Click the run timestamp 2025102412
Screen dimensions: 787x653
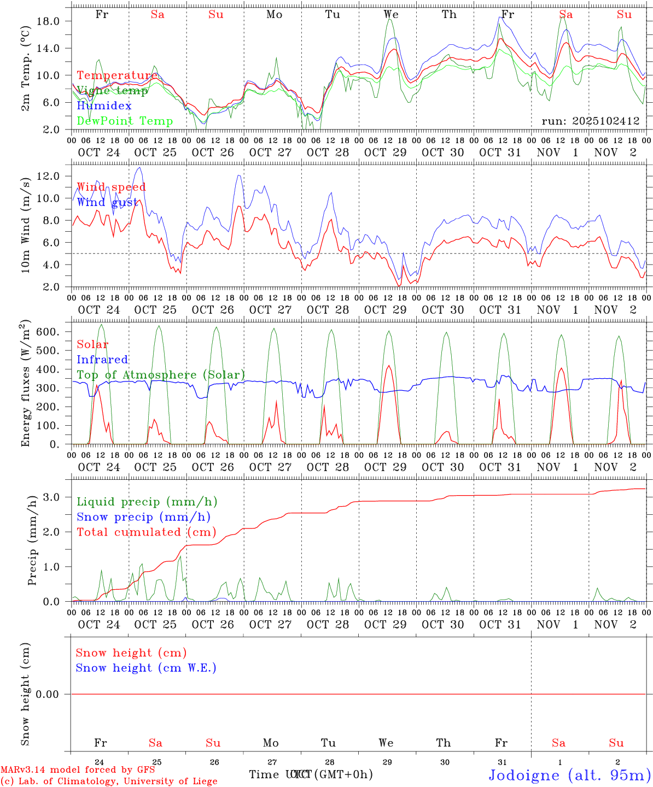pyautogui.click(x=591, y=121)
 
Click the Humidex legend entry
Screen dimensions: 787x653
pyautogui.click(x=104, y=106)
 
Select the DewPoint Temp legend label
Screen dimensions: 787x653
pyautogui.click(x=125, y=121)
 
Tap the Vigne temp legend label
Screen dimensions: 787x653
pyautogui.click(x=112, y=91)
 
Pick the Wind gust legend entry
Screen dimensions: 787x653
pyautogui.click(x=107, y=202)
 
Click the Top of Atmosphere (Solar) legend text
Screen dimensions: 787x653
pyautogui.click(x=160, y=375)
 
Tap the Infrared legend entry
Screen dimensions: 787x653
pyautogui.click(x=102, y=360)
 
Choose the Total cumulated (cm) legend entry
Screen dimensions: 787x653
pyautogui.click(x=146, y=532)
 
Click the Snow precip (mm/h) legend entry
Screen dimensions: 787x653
pyautogui.click(x=143, y=517)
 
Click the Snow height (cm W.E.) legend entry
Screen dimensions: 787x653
pyautogui.click(x=146, y=668)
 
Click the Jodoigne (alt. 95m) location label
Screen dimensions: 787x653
pyautogui.click(x=569, y=775)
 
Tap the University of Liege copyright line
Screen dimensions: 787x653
pyautogui.click(x=109, y=782)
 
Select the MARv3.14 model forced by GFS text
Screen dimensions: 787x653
pyautogui.click(x=77, y=770)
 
